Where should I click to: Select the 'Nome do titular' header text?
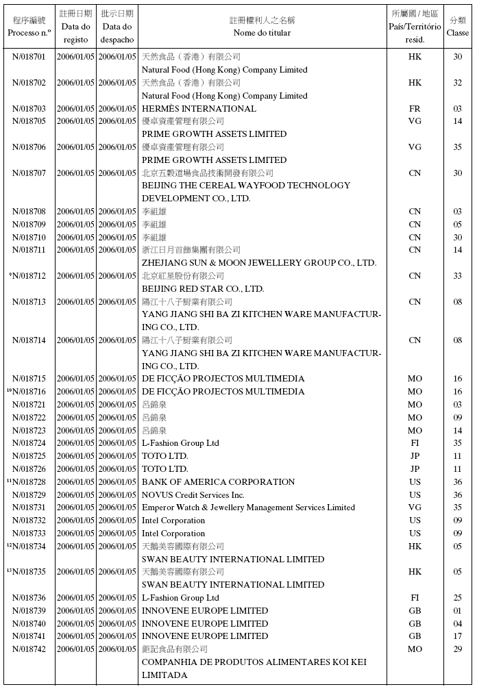(x=262, y=33)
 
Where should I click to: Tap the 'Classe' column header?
(x=458, y=33)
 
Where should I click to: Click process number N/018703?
(x=29, y=109)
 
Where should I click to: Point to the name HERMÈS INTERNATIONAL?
(x=199, y=109)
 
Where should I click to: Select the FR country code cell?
(x=415, y=109)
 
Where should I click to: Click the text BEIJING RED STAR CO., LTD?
(x=203, y=289)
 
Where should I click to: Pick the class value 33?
(x=458, y=276)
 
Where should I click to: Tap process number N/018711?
(x=29, y=250)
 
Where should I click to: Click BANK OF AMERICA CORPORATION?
(x=218, y=482)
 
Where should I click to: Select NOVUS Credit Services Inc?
(x=193, y=495)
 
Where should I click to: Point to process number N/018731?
(x=29, y=508)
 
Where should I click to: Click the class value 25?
(x=458, y=598)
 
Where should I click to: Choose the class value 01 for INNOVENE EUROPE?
(x=458, y=611)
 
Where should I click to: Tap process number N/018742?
(x=29, y=649)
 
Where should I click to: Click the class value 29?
(x=458, y=649)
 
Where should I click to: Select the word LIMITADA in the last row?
(x=164, y=675)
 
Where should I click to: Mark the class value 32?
(x=458, y=83)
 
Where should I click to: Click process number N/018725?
(x=29, y=456)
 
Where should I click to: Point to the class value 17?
(x=458, y=636)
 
